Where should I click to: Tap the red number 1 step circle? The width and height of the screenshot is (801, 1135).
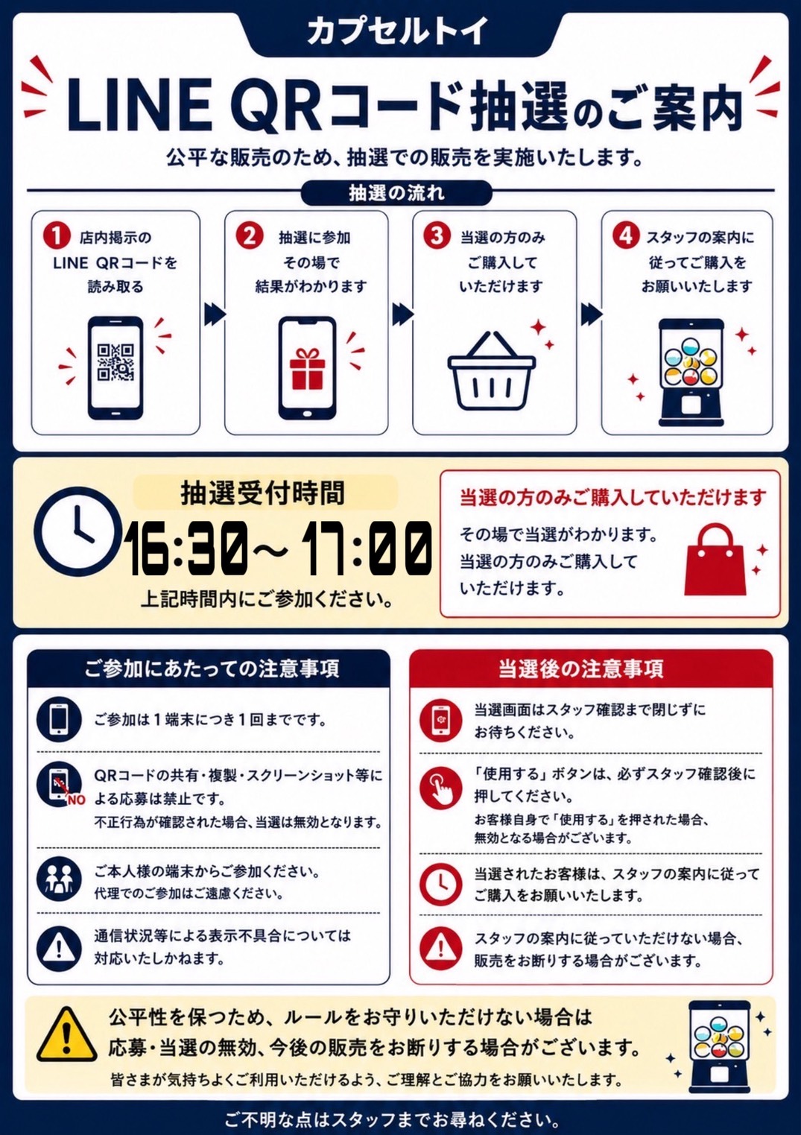pyautogui.click(x=57, y=236)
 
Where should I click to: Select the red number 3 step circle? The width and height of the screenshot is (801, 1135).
pyautogui.click(x=437, y=236)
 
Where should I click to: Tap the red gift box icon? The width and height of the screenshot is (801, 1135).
pyautogui.click(x=306, y=368)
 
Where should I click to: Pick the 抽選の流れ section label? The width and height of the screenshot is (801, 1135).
pyautogui.click(x=396, y=193)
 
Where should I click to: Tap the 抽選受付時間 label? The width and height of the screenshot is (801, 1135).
pyautogui.click(x=263, y=493)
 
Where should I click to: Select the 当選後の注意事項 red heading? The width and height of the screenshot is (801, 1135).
pyautogui.click(x=581, y=669)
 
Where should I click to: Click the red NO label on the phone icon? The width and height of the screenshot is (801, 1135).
pyautogui.click(x=76, y=800)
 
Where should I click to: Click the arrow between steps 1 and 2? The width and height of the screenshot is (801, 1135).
pyautogui.click(x=215, y=315)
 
